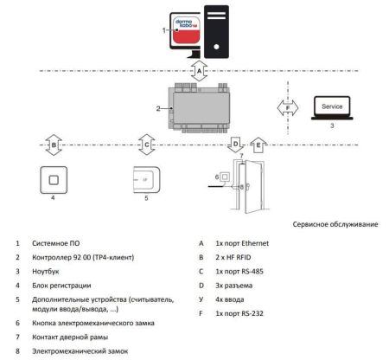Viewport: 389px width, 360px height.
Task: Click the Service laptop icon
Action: click(x=328, y=107)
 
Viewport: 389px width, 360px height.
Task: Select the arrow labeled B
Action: click(x=54, y=144)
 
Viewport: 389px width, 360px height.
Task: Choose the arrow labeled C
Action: click(x=148, y=144)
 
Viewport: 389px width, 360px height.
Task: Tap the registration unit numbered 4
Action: click(x=53, y=181)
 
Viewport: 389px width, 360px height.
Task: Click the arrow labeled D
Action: click(x=235, y=144)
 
